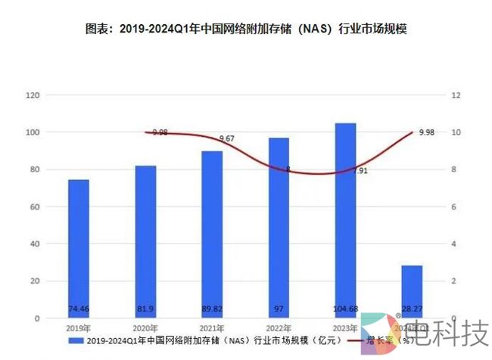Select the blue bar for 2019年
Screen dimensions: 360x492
[79, 250]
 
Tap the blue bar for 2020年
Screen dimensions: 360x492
[146, 242]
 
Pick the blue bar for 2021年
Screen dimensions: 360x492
[212, 234]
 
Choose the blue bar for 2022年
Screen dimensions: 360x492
[279, 227]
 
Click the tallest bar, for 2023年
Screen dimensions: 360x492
[345, 219]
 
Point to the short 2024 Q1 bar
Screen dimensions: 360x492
[412, 292]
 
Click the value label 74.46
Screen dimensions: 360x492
[79, 309]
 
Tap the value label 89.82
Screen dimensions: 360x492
[212, 309]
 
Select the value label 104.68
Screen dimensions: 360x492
[345, 309]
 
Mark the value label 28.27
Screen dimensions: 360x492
[412, 309]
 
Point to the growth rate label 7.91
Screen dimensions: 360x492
[360, 171]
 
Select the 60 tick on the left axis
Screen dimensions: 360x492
[34, 207]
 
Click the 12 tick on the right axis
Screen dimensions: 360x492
[455, 95]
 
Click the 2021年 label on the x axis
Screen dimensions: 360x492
[213, 327]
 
